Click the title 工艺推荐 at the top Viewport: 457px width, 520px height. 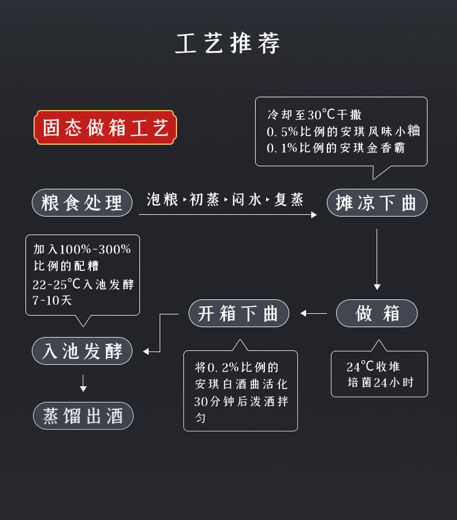228,43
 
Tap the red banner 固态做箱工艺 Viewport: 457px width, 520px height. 105,127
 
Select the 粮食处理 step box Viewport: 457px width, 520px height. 82,203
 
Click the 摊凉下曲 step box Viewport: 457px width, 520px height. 377,203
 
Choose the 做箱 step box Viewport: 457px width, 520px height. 377,313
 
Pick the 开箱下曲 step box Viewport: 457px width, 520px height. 238,313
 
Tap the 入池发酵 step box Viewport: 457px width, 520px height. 82,351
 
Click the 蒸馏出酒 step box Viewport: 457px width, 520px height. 83,416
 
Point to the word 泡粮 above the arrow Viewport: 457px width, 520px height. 163,200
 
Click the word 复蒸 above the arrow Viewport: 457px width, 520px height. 289,200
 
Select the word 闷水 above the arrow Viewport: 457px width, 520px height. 246,200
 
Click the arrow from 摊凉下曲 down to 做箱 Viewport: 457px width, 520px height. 377,258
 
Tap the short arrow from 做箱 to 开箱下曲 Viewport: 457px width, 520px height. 314,313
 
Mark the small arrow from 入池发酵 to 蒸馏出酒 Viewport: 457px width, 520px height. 83,383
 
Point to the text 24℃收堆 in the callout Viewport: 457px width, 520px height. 373,367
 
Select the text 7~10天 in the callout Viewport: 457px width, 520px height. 52,301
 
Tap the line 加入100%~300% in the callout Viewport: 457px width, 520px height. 82,250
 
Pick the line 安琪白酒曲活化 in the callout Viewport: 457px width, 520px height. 241,384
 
